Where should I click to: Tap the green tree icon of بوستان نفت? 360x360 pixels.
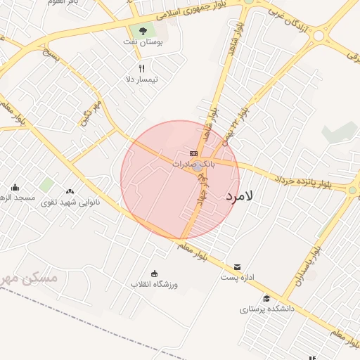click(x=143, y=31)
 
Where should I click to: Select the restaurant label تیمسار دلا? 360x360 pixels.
click(x=141, y=79)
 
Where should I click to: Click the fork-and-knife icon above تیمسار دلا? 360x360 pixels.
click(x=141, y=68)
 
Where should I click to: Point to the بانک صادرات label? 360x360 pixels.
click(x=193, y=164)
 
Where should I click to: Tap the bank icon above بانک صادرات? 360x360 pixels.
click(x=193, y=153)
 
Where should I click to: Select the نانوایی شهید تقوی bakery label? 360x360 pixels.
click(x=73, y=202)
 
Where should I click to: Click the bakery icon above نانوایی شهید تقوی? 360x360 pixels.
click(x=70, y=191)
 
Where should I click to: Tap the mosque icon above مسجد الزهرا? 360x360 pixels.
click(x=15, y=187)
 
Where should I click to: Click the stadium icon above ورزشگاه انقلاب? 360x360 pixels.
click(x=155, y=274)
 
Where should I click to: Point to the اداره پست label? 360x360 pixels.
click(x=237, y=278)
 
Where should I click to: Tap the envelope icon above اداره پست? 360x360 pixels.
click(x=237, y=267)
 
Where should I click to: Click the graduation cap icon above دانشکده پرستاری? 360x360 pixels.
click(x=266, y=298)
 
